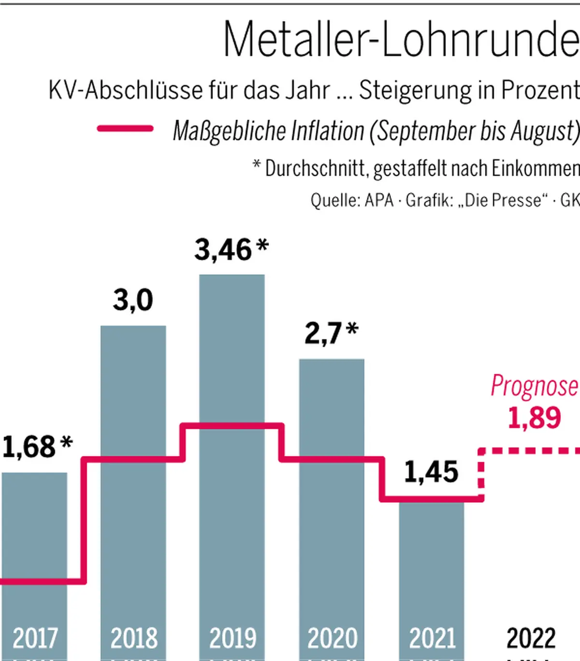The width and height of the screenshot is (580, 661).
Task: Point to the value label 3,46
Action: tap(223, 250)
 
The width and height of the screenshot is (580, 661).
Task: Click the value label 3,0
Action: tap(133, 300)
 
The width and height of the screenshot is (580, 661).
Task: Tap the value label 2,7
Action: tap(323, 333)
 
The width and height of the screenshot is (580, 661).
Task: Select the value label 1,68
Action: tap(29, 447)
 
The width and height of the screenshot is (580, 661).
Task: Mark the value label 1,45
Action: tap(431, 472)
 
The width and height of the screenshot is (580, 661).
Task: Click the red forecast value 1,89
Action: tap(534, 418)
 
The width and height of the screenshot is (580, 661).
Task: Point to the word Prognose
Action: tap(534, 386)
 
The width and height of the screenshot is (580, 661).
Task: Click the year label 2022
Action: tap(531, 639)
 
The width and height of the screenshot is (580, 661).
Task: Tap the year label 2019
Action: tap(232, 639)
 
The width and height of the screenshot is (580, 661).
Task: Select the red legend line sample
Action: tap(125, 129)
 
